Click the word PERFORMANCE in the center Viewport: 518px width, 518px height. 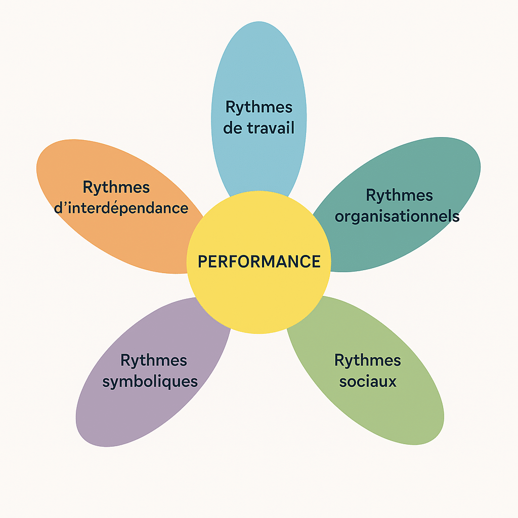[258, 262]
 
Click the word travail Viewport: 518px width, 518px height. [271, 128]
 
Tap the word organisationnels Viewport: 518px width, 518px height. [397, 217]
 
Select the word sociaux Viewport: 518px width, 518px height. [368, 381]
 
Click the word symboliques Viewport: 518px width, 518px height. [150, 381]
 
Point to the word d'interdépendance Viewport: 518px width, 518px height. [121, 208]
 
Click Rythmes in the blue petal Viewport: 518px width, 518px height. [258, 107]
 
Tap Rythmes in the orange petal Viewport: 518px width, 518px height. [116, 187]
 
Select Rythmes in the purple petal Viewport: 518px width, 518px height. [154, 361]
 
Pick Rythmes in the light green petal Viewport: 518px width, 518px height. [368, 361]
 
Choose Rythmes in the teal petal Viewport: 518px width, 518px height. [399, 195]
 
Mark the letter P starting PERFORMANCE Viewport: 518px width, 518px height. [202, 262]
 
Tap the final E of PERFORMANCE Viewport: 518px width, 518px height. [316, 262]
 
